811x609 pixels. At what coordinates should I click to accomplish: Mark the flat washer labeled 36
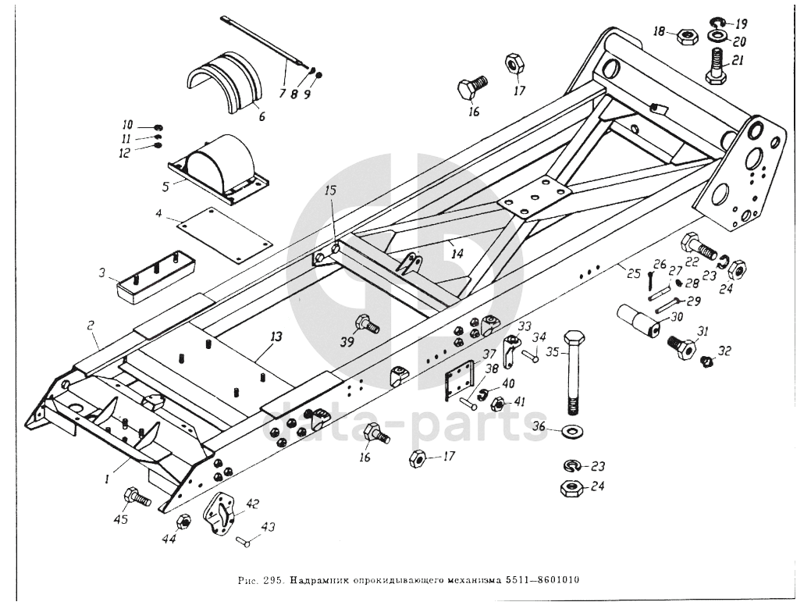coord(575,430)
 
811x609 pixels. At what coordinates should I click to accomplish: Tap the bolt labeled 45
coord(135,496)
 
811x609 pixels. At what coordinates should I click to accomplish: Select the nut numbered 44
coord(185,522)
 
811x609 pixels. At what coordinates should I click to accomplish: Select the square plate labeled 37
coord(460,379)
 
